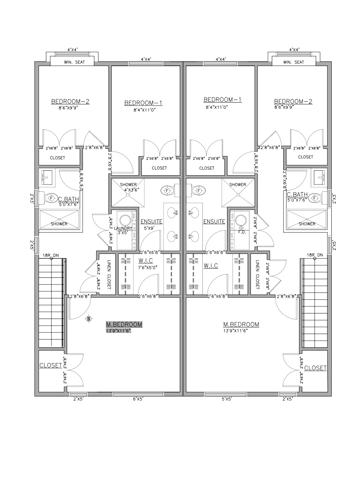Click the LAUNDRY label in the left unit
point(123,228)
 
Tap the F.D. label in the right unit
point(242,232)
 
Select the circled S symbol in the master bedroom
point(89,319)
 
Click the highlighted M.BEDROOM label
point(124,324)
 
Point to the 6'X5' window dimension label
point(138,399)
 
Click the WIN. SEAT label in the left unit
point(75,62)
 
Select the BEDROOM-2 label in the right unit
point(293,101)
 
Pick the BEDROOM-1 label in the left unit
point(143,103)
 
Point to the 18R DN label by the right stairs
point(315,255)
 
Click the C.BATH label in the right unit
point(297,194)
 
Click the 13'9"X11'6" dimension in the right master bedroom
point(235,331)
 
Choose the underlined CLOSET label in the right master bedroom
point(315,368)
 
